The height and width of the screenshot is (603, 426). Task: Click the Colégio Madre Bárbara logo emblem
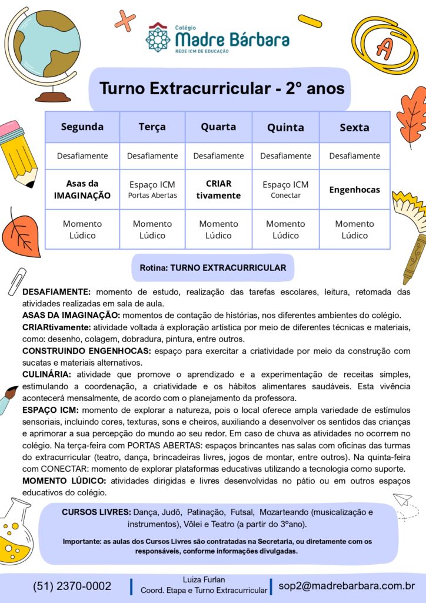(158, 37)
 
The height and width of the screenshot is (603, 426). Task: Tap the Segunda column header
(82, 127)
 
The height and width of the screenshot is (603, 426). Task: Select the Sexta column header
(354, 127)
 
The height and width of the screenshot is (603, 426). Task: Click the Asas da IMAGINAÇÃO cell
(82, 190)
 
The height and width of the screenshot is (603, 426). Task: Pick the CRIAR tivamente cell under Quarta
(218, 190)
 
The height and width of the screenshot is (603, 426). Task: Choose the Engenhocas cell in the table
(354, 190)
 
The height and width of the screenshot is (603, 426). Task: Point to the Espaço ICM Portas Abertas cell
(152, 190)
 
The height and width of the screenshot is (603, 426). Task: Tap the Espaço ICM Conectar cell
(285, 190)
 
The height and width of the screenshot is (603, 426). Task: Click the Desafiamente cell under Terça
(152, 156)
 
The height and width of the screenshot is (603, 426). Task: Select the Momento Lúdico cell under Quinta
(285, 229)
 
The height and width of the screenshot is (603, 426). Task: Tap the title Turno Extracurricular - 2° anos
(222, 89)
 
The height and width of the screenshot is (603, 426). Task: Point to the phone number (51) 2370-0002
(72, 586)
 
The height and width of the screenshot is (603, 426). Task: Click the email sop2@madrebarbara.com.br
(347, 586)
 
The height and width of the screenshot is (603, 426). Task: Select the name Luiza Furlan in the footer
(204, 579)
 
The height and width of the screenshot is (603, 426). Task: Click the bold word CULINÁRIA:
(46, 375)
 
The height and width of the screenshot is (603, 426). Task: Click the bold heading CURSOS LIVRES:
(96, 512)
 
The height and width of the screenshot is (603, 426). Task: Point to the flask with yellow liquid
(16, 530)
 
